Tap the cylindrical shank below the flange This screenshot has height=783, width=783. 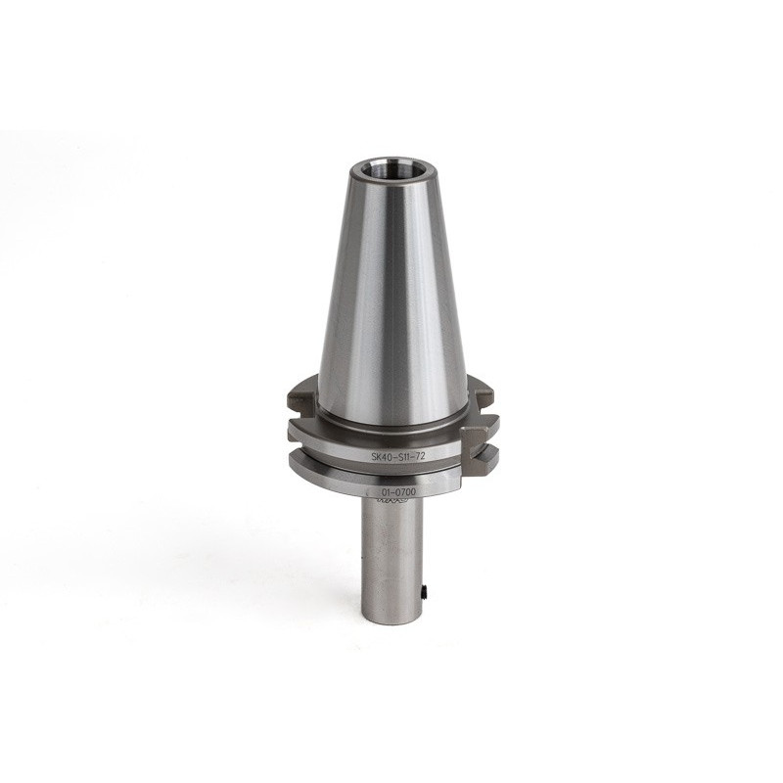click(x=391, y=558)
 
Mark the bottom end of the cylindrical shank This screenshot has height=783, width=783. click(x=391, y=619)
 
